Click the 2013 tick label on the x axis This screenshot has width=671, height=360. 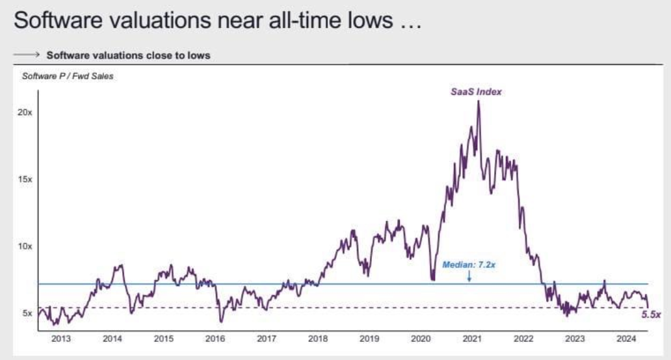click(62, 339)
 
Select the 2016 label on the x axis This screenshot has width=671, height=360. click(215, 339)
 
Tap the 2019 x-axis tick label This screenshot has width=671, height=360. click(369, 339)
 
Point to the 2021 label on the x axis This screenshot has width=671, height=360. click(472, 339)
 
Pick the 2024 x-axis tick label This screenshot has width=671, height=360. click(626, 339)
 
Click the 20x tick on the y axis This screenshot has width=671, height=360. click(25, 112)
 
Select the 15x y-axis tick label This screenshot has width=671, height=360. click(25, 179)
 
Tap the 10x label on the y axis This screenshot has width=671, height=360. click(25, 246)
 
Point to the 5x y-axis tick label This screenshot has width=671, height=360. click(26, 313)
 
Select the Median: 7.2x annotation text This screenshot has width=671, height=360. click(469, 265)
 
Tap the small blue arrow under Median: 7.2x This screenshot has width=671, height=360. click(469, 276)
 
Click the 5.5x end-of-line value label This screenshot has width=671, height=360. click(651, 315)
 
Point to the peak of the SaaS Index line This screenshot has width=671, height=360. click(479, 102)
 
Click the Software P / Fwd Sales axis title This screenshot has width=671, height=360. click(68, 77)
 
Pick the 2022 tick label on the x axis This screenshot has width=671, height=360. click(523, 339)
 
